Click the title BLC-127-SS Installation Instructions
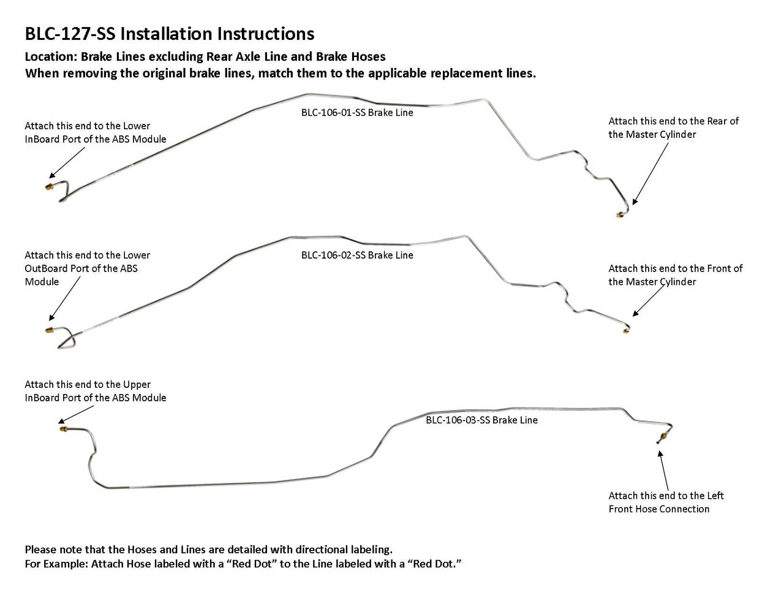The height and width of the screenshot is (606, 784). tap(169, 33)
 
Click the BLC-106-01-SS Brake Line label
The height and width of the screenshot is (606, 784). tap(357, 113)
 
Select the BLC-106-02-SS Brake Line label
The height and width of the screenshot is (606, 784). tap(357, 255)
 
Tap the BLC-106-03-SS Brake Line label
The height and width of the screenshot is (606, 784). tap(481, 420)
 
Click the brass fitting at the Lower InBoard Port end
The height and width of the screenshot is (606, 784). tap(49, 186)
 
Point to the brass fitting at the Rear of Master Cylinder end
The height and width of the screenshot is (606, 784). tap(619, 214)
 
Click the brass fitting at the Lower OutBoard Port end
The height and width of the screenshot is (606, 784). tap(49, 330)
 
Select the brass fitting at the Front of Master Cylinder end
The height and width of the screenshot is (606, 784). tap(625, 330)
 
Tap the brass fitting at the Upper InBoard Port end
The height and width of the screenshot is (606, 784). tap(62, 430)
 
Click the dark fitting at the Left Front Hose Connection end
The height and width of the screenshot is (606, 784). tap(659, 439)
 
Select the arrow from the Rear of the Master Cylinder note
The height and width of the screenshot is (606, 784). tap(649, 175)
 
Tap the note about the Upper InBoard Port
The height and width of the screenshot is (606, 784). tap(95, 391)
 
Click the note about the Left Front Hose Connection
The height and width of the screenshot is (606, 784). tap(666, 502)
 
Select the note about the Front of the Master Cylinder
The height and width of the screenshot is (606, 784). tap(675, 275)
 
